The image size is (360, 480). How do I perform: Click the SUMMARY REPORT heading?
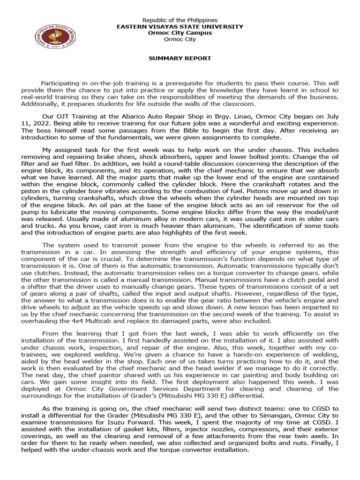pos(180,59)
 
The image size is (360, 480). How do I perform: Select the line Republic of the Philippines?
pos(180,20)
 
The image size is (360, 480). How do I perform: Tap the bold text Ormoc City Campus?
pos(180,33)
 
